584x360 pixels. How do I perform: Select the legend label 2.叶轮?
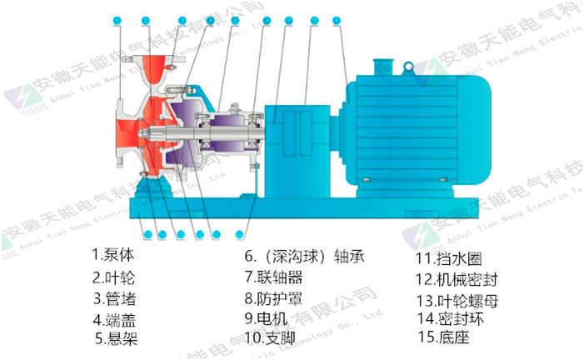coord(114,276)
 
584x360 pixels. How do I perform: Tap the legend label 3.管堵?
coord(114,297)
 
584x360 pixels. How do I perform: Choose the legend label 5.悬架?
coord(116,338)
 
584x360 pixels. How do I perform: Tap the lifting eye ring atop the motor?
coord(407,65)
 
